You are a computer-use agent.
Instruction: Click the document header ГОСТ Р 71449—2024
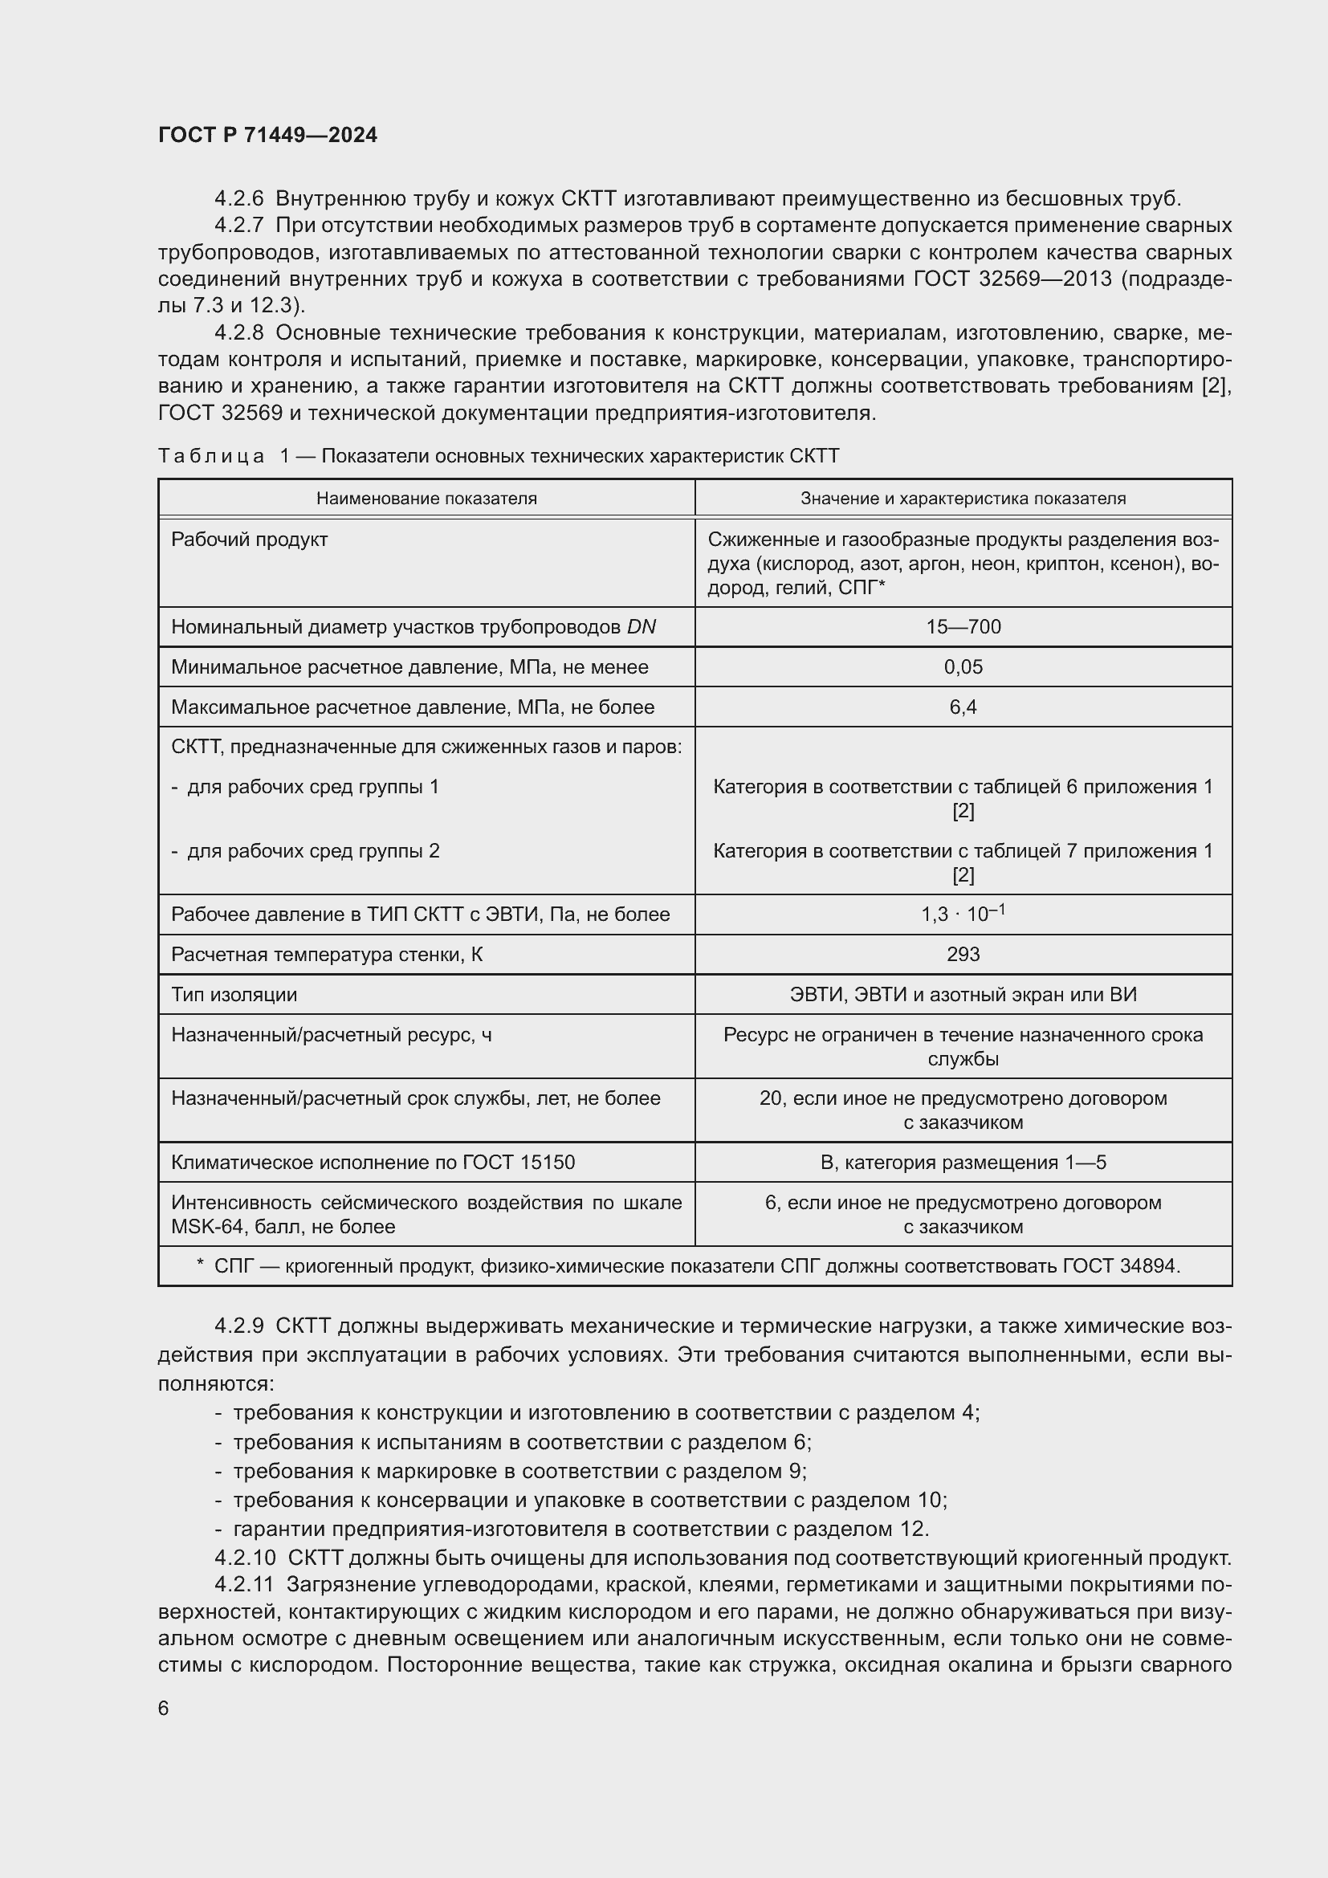coord(267,135)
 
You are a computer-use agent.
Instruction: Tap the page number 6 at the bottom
coord(164,1708)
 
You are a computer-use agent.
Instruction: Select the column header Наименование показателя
coord(426,498)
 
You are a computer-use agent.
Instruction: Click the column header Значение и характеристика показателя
coord(963,498)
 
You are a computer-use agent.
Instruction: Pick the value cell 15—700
coord(963,626)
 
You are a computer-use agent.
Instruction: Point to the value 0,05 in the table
coord(963,666)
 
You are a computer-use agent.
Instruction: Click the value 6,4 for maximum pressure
coord(963,707)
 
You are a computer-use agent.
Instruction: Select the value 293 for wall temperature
coord(963,954)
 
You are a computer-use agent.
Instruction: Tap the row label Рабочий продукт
coord(250,540)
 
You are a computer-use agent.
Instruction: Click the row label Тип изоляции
coord(234,995)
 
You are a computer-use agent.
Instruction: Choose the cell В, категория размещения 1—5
coord(963,1163)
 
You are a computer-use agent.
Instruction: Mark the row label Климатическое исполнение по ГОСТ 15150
coord(373,1163)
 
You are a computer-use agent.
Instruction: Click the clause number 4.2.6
coord(238,199)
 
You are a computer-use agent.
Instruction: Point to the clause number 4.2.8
coord(238,333)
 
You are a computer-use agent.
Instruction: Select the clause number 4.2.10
coord(246,1558)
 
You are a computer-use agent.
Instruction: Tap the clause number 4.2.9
coord(238,1326)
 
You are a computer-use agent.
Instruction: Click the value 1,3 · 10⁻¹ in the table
coord(963,914)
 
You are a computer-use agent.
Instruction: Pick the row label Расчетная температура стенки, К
coord(326,955)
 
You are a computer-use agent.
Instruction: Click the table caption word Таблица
coord(211,456)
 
